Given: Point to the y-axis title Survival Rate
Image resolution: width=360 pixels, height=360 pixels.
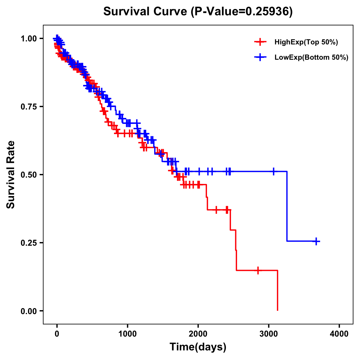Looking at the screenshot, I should click(x=11, y=174).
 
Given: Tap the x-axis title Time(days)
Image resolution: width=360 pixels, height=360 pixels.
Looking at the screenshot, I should click(x=198, y=347).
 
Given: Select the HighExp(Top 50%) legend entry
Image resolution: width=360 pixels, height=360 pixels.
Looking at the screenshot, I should click(x=306, y=42).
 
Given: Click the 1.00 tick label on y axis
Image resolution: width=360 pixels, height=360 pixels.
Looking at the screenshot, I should click(x=29, y=38).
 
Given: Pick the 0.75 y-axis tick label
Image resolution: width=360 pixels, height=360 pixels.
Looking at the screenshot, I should click(x=29, y=106).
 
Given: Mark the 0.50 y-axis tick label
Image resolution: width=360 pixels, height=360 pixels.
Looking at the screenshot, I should click(x=29, y=175).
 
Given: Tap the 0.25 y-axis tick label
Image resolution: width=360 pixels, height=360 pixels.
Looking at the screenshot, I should click(x=29, y=243).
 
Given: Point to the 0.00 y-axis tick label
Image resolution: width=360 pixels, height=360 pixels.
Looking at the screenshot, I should click(x=29, y=311).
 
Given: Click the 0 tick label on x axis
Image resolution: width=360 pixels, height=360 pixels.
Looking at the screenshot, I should click(x=57, y=334).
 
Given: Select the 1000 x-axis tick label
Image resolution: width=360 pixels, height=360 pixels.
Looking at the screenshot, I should click(x=127, y=334).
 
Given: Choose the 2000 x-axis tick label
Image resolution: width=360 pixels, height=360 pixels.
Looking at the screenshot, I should click(x=198, y=334).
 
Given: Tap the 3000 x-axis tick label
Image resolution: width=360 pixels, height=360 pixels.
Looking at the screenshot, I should click(x=269, y=334).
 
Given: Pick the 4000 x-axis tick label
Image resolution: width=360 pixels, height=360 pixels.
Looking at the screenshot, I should click(x=339, y=334).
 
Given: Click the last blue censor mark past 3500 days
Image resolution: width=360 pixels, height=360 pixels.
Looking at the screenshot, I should click(x=316, y=241).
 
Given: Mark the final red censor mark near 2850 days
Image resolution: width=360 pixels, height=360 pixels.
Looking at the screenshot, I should click(x=258, y=270).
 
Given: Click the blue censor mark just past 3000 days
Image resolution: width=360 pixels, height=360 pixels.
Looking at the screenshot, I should click(x=273, y=171).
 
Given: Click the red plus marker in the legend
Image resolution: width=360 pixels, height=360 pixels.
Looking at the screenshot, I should click(x=260, y=42).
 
